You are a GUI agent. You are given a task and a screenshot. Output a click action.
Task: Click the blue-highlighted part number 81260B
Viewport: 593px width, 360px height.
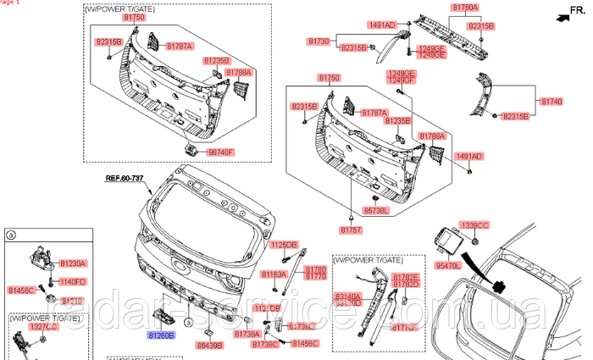click(x=161, y=335)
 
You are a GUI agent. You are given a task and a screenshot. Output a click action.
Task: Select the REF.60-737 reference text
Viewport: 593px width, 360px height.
click(x=125, y=179)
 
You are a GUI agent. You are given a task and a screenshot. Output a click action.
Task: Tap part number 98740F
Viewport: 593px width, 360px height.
click(x=216, y=152)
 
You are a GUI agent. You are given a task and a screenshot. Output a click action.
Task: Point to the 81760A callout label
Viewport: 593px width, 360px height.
click(x=464, y=8)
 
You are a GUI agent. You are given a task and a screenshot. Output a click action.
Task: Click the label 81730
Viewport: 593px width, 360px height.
click(x=319, y=41)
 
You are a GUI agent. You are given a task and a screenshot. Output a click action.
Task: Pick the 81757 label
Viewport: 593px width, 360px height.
click(x=352, y=230)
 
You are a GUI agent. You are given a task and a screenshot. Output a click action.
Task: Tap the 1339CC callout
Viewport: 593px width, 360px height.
click(x=474, y=225)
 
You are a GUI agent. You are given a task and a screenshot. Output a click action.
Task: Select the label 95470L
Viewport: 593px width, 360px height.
click(x=447, y=266)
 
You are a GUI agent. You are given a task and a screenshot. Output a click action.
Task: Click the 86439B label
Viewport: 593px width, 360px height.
click(x=208, y=346)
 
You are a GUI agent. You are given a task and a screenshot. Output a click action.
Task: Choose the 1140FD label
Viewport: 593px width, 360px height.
click(x=73, y=281)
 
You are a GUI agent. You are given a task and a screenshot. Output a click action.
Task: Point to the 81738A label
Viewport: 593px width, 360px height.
click(x=247, y=335)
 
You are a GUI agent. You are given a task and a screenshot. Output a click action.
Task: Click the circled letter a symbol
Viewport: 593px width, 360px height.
click(x=10, y=234)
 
